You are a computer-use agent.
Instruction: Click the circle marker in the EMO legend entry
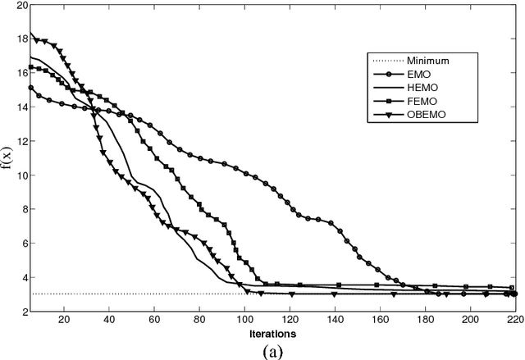point(387,75)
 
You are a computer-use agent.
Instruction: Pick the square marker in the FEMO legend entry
point(387,101)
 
